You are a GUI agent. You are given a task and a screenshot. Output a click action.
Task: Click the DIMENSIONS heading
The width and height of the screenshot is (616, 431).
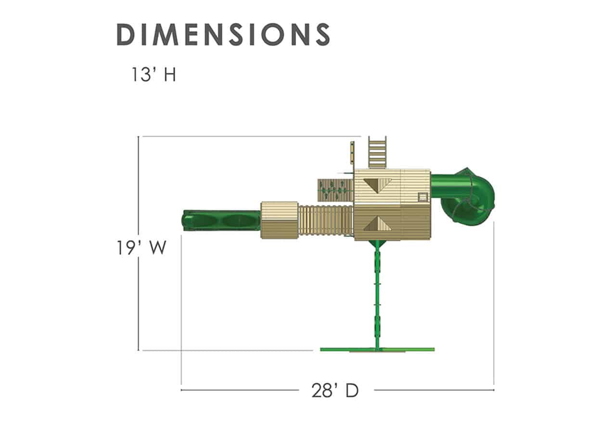223,34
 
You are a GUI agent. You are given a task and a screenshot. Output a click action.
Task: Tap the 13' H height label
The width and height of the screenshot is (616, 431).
154,75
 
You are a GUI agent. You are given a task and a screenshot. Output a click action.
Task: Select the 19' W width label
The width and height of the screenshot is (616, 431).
141,247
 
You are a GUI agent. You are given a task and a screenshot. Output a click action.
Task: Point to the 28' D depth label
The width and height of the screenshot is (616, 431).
335,390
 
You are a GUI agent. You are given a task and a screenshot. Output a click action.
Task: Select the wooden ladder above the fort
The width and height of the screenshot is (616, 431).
377,152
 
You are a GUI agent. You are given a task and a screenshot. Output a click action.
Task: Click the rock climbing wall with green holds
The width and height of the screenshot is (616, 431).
335,190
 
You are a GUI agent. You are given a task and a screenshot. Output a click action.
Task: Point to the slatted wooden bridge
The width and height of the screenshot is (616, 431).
326,221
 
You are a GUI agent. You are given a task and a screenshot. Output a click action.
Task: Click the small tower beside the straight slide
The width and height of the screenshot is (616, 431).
280,220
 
